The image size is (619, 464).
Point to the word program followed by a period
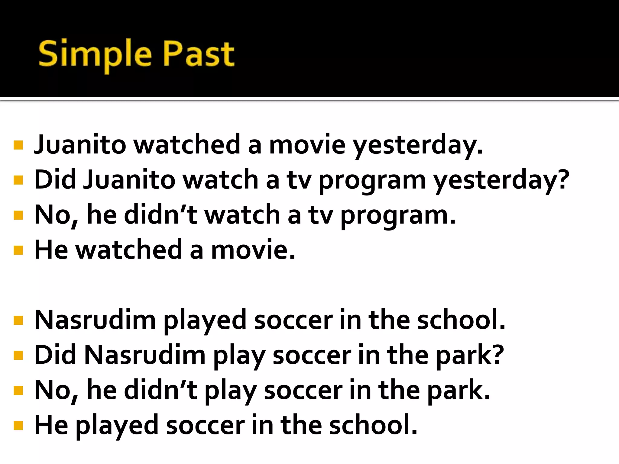398,216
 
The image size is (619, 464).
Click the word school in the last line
373,425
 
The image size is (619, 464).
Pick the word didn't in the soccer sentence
160,390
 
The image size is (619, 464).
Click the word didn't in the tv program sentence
160,215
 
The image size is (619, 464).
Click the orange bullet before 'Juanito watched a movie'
18,145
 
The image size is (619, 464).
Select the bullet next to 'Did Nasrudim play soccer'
18,356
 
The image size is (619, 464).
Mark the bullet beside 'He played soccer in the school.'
18,426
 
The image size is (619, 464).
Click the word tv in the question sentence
299,180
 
